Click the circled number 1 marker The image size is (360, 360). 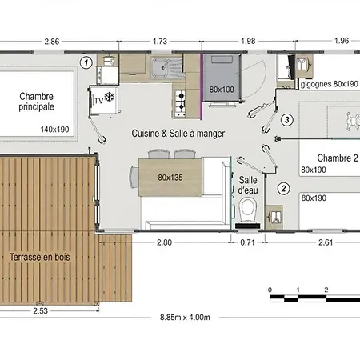point(86,63)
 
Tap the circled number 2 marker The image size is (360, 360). point(284,189)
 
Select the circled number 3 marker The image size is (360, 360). point(287,120)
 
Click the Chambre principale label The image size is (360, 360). point(37,102)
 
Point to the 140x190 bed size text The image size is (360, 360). point(54,130)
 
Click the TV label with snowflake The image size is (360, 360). point(104,98)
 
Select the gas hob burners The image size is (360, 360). point(180,103)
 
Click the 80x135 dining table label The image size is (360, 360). point(170,178)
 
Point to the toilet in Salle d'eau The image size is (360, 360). point(248,212)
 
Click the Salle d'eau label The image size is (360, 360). point(248,185)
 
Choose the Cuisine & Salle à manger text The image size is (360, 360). point(178,134)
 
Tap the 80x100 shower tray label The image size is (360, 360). point(222,90)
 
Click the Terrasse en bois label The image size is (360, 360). point(40,257)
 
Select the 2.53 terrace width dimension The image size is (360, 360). point(41,310)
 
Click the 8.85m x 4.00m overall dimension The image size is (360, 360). point(185,318)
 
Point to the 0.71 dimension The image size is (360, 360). point(247,242)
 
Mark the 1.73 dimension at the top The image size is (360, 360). point(160,42)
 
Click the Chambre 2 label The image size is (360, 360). point(338,158)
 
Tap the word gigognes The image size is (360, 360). point(316,85)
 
